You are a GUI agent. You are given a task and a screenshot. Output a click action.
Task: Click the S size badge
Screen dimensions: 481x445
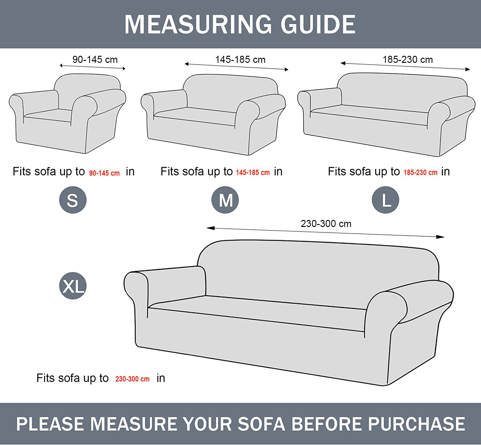pos(73,200)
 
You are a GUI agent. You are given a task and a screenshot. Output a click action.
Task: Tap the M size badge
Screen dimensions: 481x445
pos(225,200)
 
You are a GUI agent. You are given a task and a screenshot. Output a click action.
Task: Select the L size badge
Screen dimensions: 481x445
pos(385,200)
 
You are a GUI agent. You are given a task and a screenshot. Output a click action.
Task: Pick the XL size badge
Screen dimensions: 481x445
pos(73,286)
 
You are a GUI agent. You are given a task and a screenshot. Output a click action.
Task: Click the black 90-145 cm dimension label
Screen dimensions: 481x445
pos(95,60)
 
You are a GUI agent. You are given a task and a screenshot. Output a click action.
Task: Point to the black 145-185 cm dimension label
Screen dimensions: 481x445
pos(240,60)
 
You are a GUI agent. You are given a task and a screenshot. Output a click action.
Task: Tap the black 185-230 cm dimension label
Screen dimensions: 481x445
pos(408,60)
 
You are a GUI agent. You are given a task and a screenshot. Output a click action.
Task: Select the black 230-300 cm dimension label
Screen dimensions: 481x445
pos(326,223)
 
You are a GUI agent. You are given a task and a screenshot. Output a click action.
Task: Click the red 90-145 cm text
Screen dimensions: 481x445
pos(105,173)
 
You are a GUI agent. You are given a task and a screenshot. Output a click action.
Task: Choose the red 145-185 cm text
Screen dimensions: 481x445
pos(253,172)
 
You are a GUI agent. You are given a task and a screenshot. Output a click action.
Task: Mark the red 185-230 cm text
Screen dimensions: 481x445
pos(420,172)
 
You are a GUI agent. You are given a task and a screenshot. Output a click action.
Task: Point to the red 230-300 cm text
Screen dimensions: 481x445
pos(132,379)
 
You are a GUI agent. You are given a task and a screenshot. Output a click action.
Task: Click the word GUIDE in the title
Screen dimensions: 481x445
pos(318,24)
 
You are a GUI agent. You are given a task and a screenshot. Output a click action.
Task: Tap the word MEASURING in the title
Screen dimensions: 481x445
pos(198,24)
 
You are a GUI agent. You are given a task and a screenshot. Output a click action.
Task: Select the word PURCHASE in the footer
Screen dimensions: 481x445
pos(417,424)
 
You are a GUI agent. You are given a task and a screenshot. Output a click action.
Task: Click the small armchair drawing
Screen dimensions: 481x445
pos(67,113)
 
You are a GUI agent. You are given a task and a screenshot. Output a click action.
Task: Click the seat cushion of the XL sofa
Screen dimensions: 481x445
pos(257,313)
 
